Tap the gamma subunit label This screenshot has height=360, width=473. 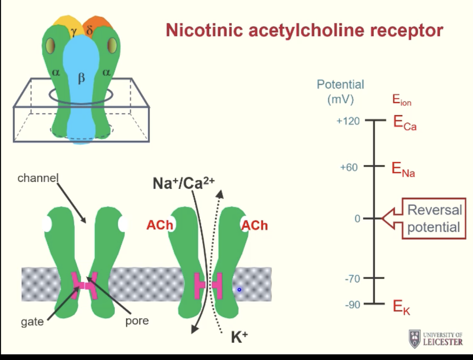74,31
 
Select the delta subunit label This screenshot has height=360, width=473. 90,31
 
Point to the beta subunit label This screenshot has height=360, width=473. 81,79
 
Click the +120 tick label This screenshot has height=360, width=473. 348,121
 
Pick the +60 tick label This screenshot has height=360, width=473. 349,167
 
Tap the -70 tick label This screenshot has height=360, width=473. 352,278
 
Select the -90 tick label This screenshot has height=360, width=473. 352,304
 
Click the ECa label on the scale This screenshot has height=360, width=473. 405,123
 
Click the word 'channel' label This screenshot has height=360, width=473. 38,178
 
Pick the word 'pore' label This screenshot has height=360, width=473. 137,321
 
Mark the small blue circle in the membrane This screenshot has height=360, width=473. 239,289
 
